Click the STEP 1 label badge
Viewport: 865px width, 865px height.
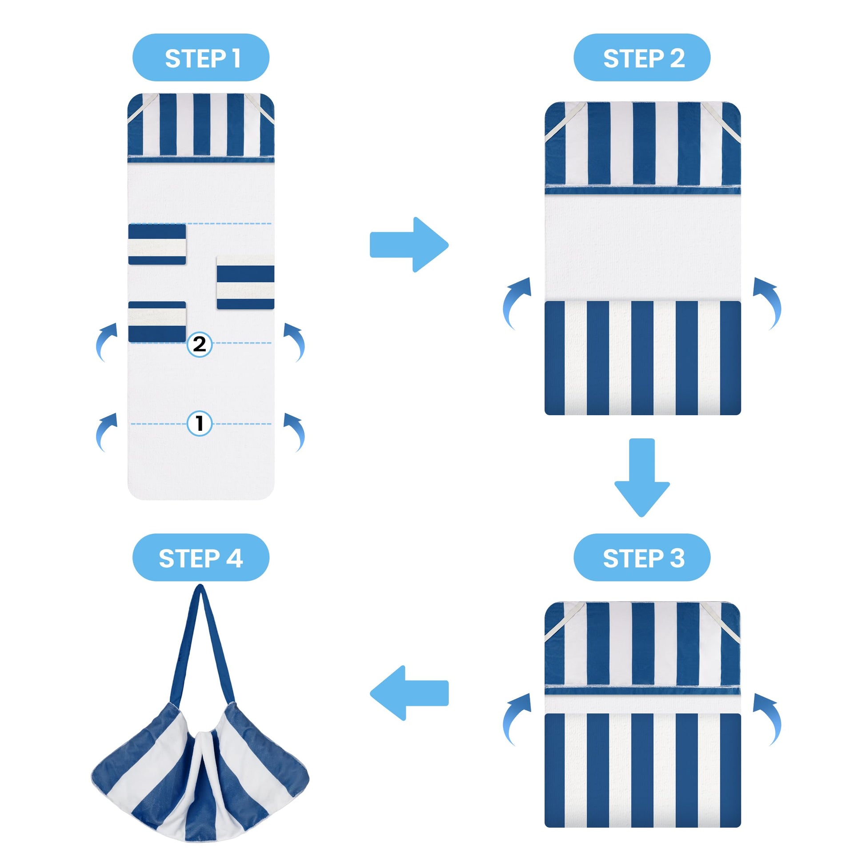click(x=200, y=57)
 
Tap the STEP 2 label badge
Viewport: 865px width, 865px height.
click(x=642, y=57)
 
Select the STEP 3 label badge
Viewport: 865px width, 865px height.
click(x=642, y=558)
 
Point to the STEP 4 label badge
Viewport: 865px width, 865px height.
click(x=200, y=558)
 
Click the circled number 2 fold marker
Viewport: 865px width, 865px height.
click(x=199, y=344)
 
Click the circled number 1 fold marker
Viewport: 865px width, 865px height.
click(x=199, y=423)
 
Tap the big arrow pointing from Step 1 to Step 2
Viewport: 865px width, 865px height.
click(x=409, y=244)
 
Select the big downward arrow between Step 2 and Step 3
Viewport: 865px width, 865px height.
click(x=642, y=477)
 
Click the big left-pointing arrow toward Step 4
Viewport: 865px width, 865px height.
click(x=409, y=693)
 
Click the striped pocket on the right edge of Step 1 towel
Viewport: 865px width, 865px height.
click(x=245, y=283)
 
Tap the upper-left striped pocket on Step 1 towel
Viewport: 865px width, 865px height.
click(x=157, y=244)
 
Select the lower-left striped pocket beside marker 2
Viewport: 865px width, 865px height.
click(x=157, y=322)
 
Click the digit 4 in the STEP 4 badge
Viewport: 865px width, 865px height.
click(x=234, y=558)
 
